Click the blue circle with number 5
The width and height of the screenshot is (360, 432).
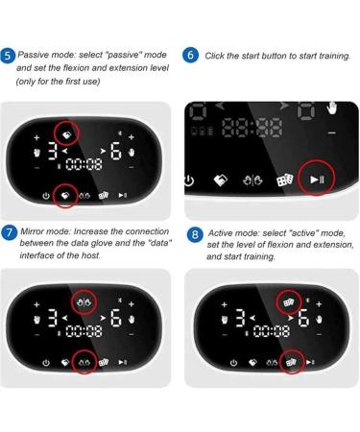click(x=9, y=56)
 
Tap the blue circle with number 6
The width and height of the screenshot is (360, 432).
click(x=190, y=55)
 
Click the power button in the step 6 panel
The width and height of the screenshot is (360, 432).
click(x=188, y=180)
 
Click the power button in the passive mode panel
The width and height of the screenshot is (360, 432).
click(x=45, y=195)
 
